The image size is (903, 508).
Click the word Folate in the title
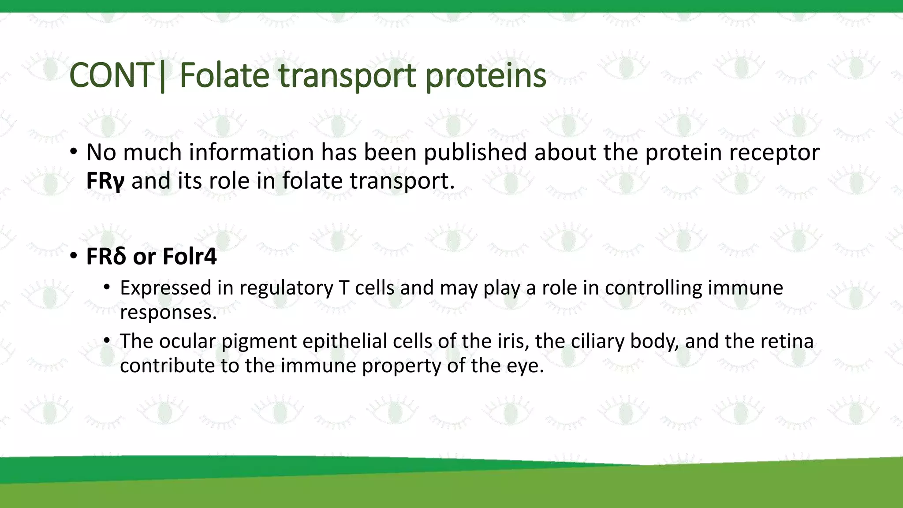[x=224, y=75]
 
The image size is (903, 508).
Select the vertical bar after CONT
[x=163, y=76]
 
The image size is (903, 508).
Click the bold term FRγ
[x=105, y=181]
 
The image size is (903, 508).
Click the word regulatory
[x=287, y=288]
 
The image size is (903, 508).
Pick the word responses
[x=168, y=313]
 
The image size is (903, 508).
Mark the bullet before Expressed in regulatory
[x=107, y=288]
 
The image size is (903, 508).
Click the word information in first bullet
[x=251, y=152]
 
